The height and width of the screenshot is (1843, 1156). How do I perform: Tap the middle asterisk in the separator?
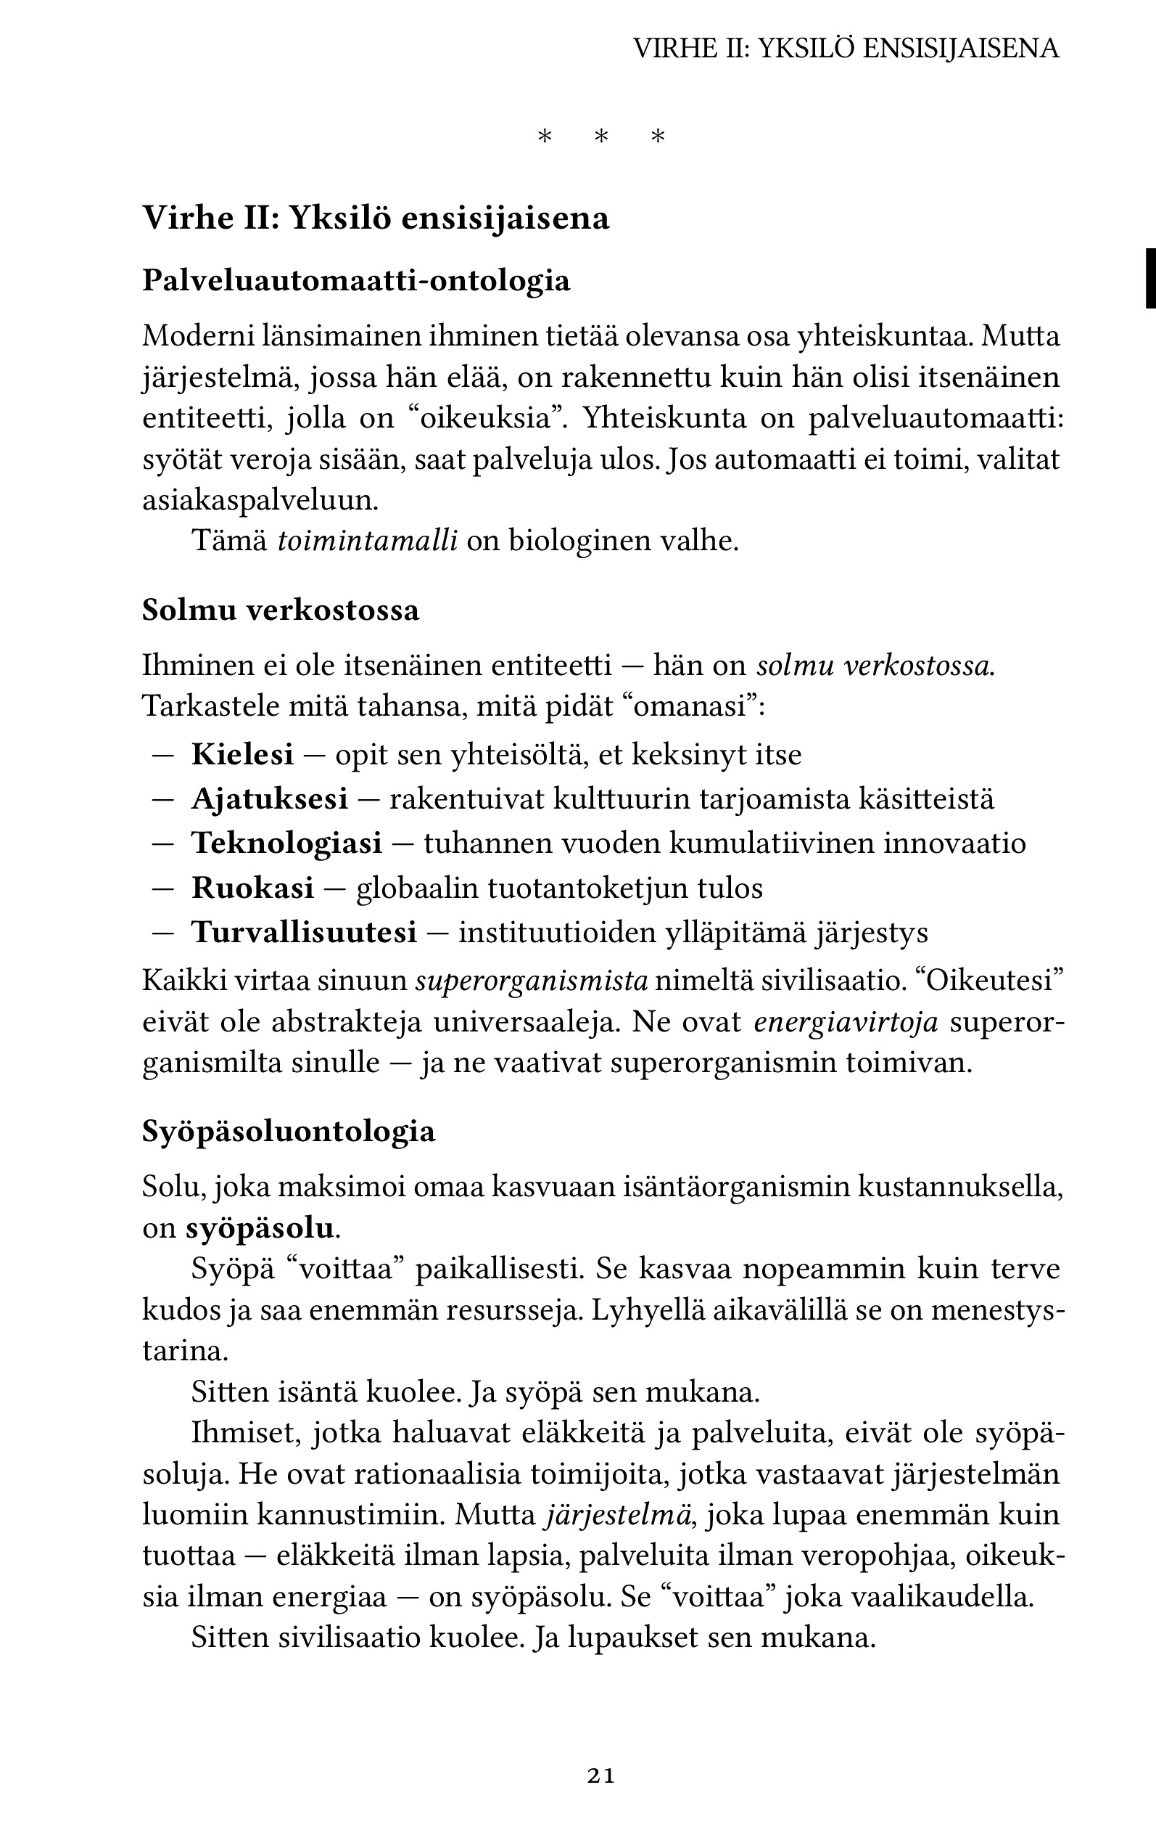click(x=602, y=138)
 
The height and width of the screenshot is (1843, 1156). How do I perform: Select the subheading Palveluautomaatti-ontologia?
click(x=356, y=281)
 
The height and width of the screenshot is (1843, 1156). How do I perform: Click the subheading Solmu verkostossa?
click(x=281, y=610)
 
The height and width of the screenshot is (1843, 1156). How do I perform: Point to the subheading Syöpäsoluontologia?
click(x=288, y=1132)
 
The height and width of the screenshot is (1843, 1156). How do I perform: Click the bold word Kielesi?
click(x=242, y=754)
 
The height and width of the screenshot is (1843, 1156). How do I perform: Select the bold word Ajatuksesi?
click(x=269, y=798)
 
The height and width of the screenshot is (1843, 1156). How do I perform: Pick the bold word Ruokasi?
click(x=252, y=888)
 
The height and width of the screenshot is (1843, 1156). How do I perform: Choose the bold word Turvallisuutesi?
click(x=305, y=933)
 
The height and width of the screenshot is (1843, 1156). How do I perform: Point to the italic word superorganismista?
click(x=532, y=981)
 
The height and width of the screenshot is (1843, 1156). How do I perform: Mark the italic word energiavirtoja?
click(x=846, y=1022)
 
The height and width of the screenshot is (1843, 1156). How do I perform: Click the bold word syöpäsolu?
click(x=260, y=1229)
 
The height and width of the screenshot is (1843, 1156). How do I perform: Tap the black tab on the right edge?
click(x=1149, y=278)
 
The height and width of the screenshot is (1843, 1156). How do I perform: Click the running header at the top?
click(x=846, y=49)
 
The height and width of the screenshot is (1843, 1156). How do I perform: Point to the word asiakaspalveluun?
click(x=260, y=501)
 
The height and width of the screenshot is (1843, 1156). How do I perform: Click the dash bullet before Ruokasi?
click(x=163, y=888)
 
